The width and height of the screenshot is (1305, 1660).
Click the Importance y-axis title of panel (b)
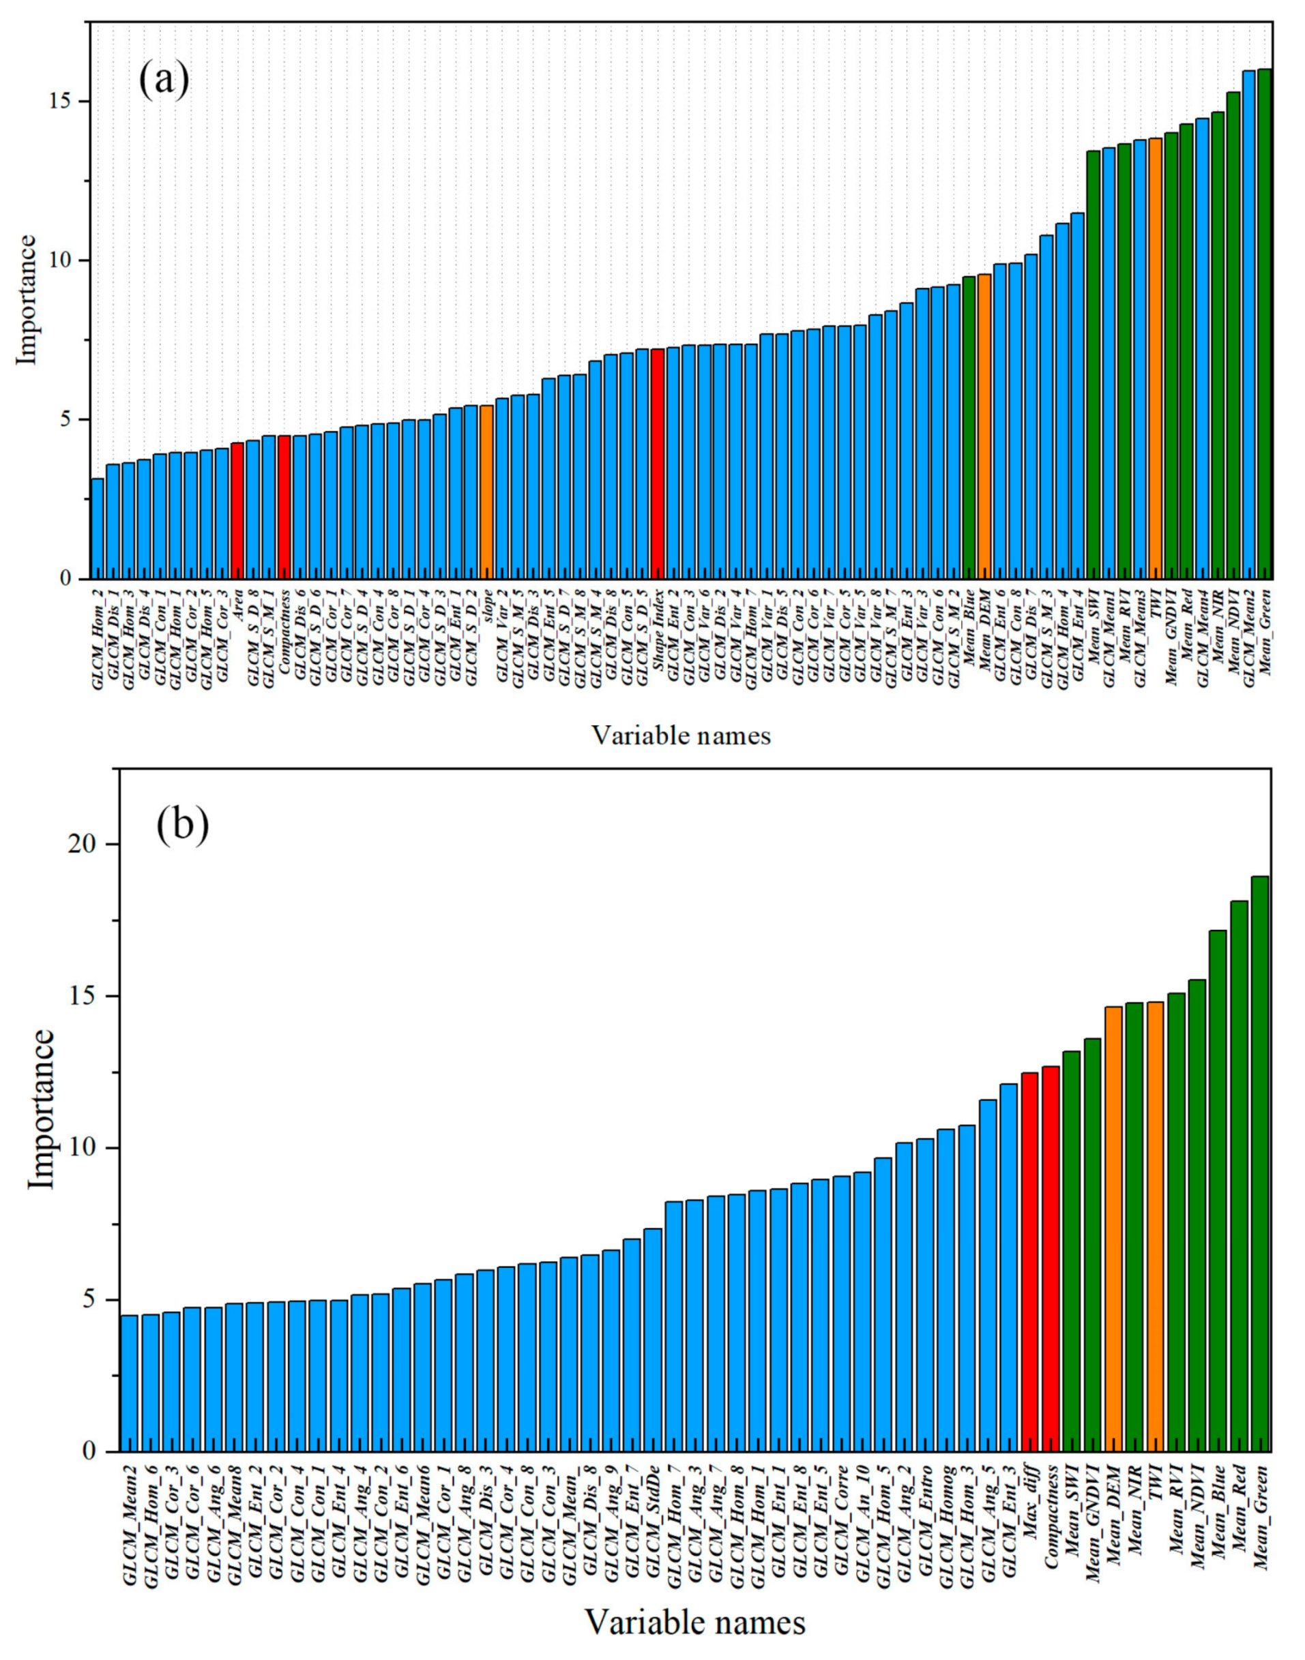42,1108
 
